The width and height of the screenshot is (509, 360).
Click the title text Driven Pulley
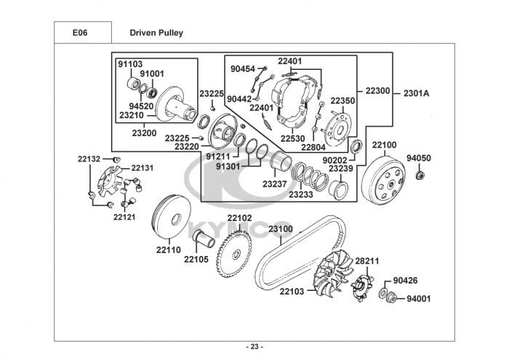pyautogui.click(x=156, y=33)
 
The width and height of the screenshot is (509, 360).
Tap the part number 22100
pyautogui.click(x=385, y=145)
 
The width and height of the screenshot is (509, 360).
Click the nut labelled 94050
pyautogui.click(x=419, y=175)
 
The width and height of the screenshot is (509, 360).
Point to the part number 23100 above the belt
pyautogui.click(x=281, y=229)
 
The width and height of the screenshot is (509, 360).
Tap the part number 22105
pyautogui.click(x=196, y=258)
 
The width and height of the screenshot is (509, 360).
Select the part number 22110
pyautogui.click(x=168, y=249)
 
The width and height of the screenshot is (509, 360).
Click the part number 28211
pyautogui.click(x=367, y=260)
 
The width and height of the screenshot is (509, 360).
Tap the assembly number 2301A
pyautogui.click(x=417, y=93)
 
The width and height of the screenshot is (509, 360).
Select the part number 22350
pyautogui.click(x=342, y=100)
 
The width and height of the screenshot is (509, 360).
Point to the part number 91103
pyautogui.click(x=130, y=64)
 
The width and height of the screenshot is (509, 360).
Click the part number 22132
pyautogui.click(x=89, y=159)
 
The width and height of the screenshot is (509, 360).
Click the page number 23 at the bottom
pyautogui.click(x=254, y=345)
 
